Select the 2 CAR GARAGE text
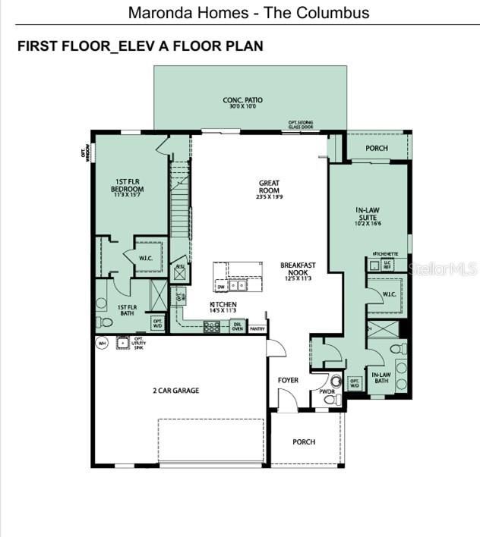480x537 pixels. (x=175, y=391)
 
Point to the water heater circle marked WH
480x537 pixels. (x=102, y=343)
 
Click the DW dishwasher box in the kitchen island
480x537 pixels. (x=221, y=287)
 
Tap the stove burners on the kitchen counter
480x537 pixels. (x=211, y=327)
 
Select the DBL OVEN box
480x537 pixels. (x=237, y=327)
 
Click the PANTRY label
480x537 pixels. (x=257, y=328)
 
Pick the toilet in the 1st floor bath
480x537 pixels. (x=106, y=322)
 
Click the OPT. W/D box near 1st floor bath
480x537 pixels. (x=157, y=323)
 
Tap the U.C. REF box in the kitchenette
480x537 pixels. (x=387, y=264)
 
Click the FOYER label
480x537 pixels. (x=288, y=380)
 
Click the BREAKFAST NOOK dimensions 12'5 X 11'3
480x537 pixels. (x=298, y=279)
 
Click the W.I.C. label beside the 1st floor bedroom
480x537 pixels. (x=146, y=259)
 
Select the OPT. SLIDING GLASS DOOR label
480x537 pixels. (x=300, y=124)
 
